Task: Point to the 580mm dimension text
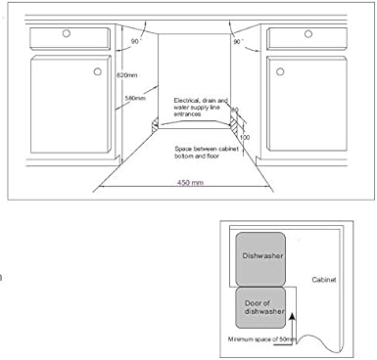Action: (137, 98)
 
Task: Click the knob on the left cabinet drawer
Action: (66, 34)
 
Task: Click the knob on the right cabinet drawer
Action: (305, 35)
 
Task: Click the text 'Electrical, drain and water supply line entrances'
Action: (201, 107)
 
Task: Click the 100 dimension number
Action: (244, 138)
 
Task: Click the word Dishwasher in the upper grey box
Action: (261, 255)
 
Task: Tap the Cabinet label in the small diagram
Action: (323, 280)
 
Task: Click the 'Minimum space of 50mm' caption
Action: (264, 339)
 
